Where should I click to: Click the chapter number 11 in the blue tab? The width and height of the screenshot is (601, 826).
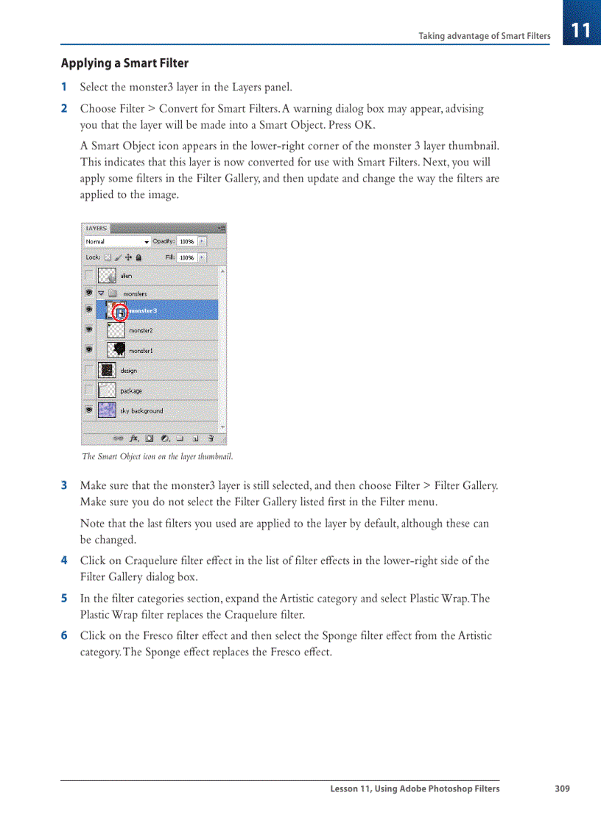[x=581, y=30]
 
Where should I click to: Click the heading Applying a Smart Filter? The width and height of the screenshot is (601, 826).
[x=124, y=63]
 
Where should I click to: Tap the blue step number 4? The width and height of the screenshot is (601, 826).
[x=64, y=560]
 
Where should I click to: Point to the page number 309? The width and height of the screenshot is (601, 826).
[x=562, y=788]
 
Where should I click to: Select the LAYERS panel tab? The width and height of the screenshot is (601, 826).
[x=96, y=229]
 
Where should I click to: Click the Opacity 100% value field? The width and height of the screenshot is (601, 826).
[x=186, y=241]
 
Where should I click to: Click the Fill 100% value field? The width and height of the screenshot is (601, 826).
[x=186, y=258]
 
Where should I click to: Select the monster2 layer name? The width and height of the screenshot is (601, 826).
[x=141, y=331]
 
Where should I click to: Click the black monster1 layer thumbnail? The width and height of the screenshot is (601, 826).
[x=116, y=350]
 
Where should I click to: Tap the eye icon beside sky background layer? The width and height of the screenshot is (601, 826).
[x=89, y=410]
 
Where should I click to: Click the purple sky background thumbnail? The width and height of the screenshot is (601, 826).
[x=108, y=410]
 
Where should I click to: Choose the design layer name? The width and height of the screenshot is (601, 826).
[x=129, y=371]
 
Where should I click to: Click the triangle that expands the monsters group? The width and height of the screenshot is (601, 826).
[x=101, y=293]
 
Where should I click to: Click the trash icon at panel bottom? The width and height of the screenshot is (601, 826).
[x=211, y=438]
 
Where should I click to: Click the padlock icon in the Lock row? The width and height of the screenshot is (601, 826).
[x=138, y=258]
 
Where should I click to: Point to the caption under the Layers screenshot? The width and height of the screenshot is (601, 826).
[x=157, y=457]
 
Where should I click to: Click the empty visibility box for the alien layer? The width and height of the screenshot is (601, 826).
[x=89, y=275]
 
